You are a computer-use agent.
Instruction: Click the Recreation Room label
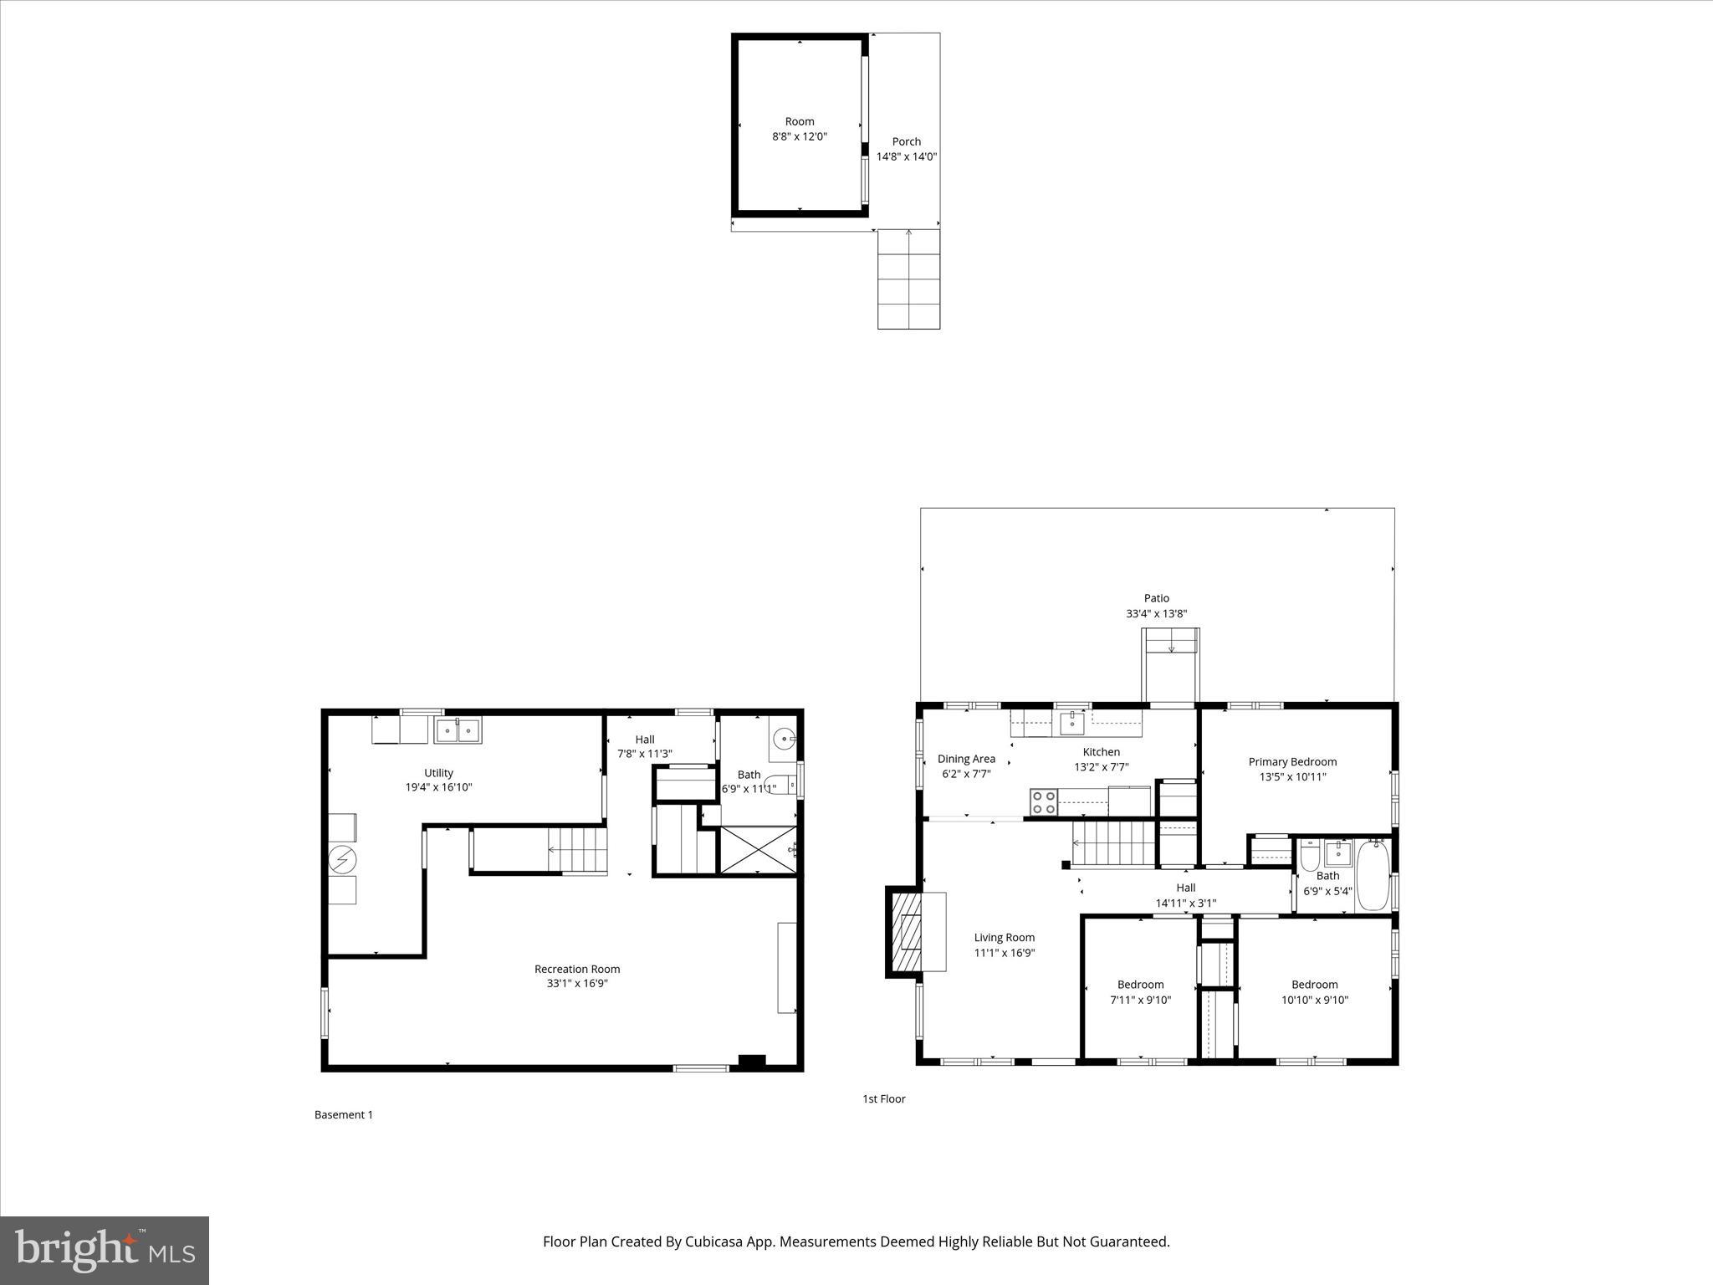[577, 969]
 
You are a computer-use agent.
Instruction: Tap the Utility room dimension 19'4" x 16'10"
[438, 787]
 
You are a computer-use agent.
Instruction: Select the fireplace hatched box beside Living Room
[905, 931]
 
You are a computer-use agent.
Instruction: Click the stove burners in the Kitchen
[1043, 802]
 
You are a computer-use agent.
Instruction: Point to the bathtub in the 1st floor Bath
[1372, 876]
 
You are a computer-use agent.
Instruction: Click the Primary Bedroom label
[1292, 761]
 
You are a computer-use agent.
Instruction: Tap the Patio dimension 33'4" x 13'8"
[1156, 613]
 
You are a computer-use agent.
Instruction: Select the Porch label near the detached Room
[906, 141]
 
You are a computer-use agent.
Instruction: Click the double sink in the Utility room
[458, 731]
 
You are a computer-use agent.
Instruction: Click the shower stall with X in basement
[757, 850]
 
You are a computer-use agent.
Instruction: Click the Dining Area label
[966, 759]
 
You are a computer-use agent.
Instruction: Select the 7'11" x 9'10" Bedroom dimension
[1140, 1000]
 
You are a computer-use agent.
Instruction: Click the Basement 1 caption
[343, 1114]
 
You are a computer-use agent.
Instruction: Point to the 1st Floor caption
[883, 1098]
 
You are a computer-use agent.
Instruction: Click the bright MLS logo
[105, 1250]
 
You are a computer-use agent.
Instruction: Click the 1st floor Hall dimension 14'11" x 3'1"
[1185, 903]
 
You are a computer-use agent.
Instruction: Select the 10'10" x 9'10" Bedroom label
[1314, 985]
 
